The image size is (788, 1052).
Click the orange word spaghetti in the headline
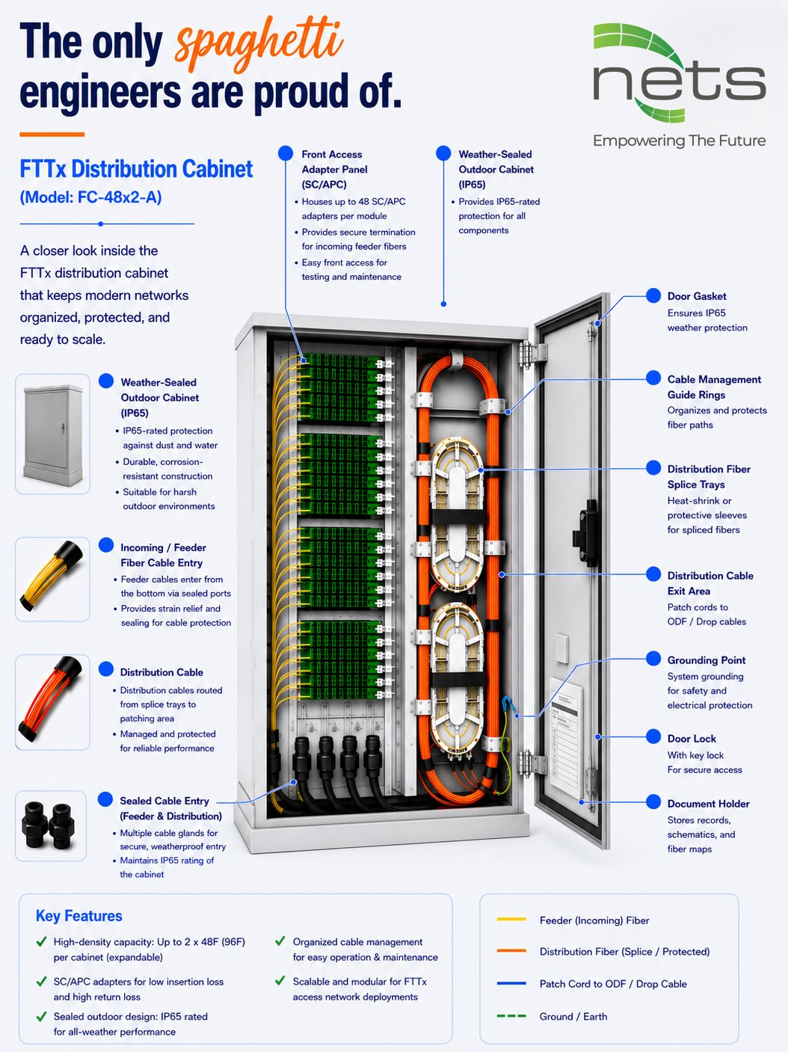(x=259, y=44)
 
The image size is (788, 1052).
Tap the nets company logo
(x=680, y=73)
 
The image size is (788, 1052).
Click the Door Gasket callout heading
(x=697, y=296)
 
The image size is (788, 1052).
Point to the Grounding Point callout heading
(x=706, y=660)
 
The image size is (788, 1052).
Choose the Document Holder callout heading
(x=708, y=804)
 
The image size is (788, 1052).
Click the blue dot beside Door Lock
(x=653, y=736)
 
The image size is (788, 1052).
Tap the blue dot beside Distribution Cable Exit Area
(x=653, y=573)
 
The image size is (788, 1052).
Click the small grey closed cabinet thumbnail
(x=52, y=434)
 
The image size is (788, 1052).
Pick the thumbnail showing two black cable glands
(x=50, y=825)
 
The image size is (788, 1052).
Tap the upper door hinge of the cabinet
(x=532, y=354)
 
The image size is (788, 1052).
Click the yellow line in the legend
(x=511, y=919)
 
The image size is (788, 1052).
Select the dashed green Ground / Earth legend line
(x=511, y=1016)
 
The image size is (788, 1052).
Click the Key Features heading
(x=79, y=916)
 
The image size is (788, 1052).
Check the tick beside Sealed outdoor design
(x=42, y=1016)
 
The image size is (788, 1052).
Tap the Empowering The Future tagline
(x=680, y=141)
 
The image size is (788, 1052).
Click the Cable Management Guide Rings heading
(x=714, y=387)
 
